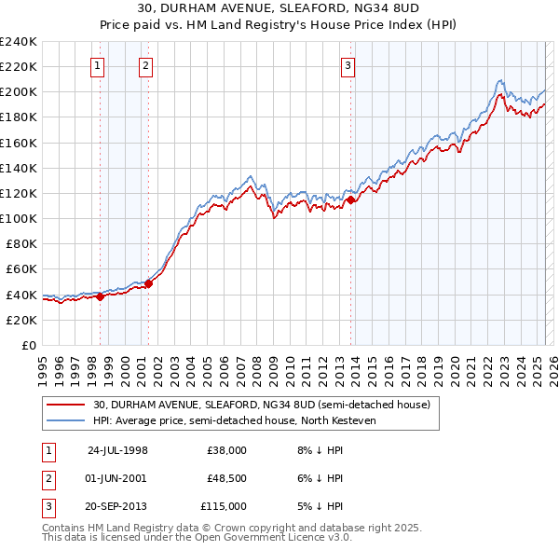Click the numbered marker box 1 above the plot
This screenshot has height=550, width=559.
(x=98, y=65)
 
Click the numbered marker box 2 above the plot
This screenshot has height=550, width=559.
(x=146, y=65)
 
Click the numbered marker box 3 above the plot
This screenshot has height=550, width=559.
(x=348, y=65)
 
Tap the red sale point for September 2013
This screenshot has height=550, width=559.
(x=351, y=199)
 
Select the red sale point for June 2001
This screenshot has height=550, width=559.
(x=148, y=283)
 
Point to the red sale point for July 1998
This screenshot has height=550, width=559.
(x=101, y=297)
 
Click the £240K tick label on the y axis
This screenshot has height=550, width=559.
(x=19, y=41)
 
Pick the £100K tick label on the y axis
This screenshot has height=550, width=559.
(x=19, y=218)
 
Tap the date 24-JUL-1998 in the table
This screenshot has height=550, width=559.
(x=117, y=449)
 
